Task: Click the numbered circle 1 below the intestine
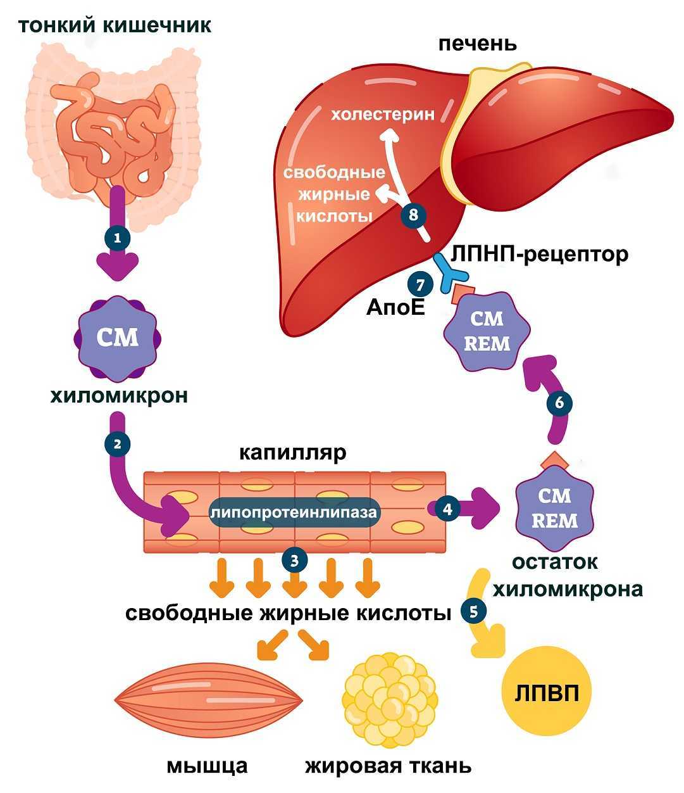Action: pos(118,239)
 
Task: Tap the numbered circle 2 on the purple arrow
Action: pos(116,444)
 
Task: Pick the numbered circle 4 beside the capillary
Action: pos(448,509)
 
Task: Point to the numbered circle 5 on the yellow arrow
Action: pos(474,611)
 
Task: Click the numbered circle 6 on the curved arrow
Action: pos(558,403)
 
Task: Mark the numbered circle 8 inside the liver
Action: pos(414,215)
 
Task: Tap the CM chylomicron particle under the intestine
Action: pos(117,337)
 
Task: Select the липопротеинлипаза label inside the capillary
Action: pos(294,512)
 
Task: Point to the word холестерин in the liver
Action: pos(383,115)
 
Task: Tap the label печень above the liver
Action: pos(477,44)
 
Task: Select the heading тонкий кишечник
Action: pos(115,26)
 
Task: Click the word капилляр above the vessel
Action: pos(293,454)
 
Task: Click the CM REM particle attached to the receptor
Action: pos(487,331)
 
